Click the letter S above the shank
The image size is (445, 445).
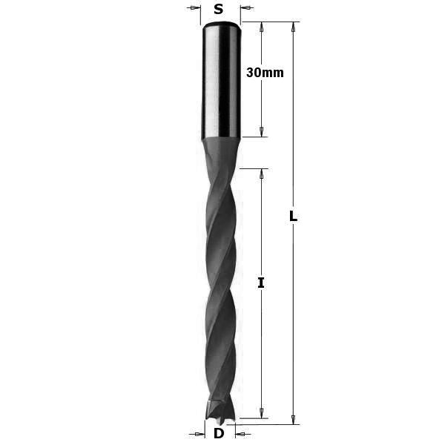pos(218,10)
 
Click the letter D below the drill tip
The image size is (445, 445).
pos(219,433)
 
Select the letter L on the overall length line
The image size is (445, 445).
pos(293,216)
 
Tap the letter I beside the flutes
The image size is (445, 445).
pos(261,283)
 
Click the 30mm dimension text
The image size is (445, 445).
pos(265,73)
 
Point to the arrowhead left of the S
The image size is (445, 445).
pos(194,7)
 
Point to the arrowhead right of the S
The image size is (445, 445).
pos(247,7)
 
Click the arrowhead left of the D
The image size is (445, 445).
pos(198,434)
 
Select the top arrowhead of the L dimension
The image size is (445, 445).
pos(294,27)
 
